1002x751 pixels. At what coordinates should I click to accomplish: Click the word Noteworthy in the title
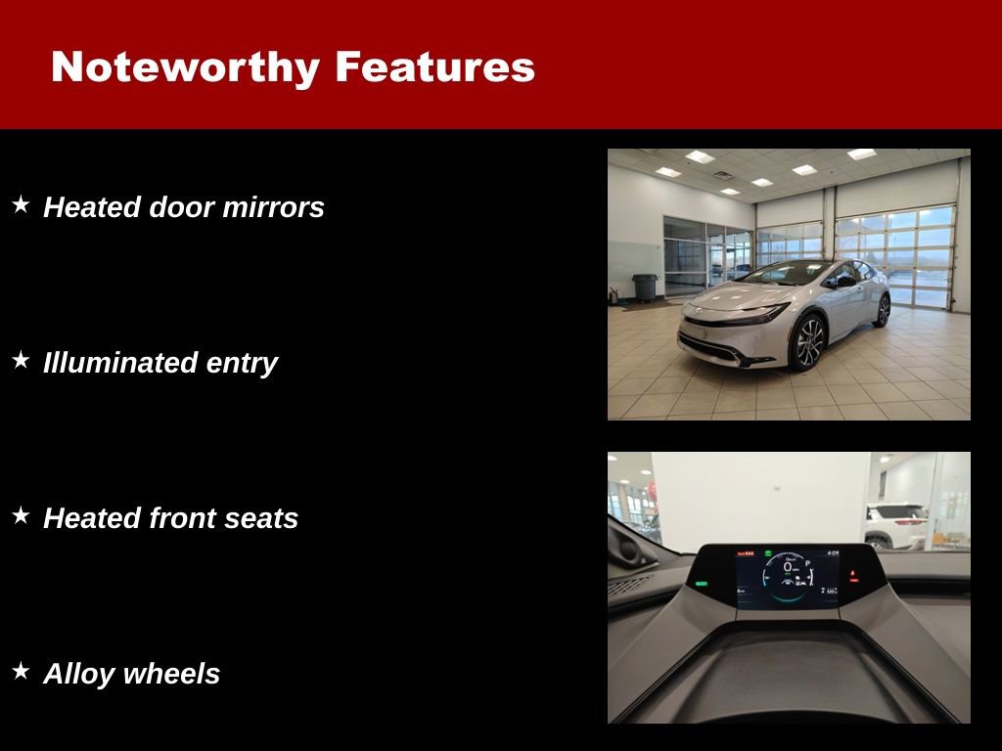[x=185, y=67]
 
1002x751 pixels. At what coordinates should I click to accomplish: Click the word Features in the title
[x=434, y=67]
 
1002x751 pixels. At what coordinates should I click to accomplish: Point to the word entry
[x=242, y=363]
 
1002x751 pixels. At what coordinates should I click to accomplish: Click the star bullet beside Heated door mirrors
[x=21, y=205]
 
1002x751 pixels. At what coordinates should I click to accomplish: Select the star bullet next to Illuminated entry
[x=21, y=361]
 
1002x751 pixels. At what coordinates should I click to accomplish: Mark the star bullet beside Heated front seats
[x=21, y=516]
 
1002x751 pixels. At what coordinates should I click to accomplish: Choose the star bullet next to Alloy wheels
[x=21, y=672]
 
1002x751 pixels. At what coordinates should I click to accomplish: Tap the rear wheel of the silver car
[x=883, y=310]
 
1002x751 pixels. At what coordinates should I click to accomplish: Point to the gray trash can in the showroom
[x=644, y=287]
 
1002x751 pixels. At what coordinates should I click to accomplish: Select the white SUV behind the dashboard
[x=895, y=525]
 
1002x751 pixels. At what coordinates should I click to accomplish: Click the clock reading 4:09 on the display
[x=833, y=553]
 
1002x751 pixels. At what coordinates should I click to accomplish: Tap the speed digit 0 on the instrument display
[x=788, y=567]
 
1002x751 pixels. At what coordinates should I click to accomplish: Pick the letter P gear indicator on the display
[x=808, y=564]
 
